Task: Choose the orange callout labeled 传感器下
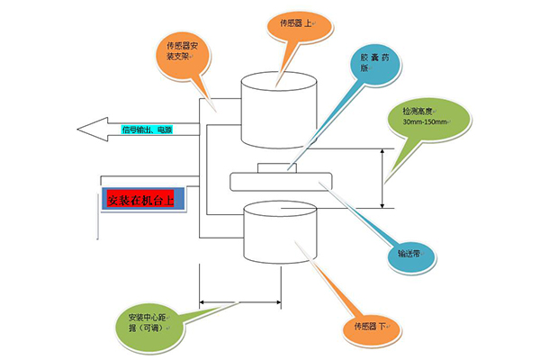pyautogui.click(x=370, y=325)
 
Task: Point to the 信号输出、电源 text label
pyautogui.click(x=147, y=130)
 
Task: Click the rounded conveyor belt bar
pyautogui.click(x=282, y=181)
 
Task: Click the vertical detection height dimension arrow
pyautogui.click(x=385, y=178)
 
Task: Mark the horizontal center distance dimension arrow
pyautogui.click(x=241, y=302)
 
